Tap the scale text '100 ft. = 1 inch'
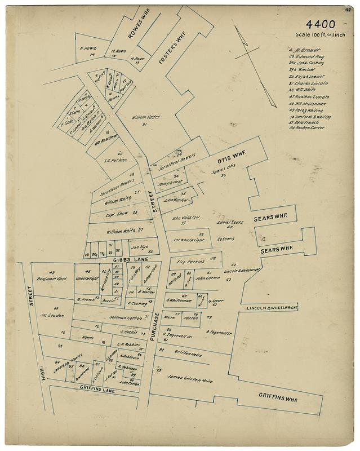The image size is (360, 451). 319,35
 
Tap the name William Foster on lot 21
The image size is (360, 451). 146,117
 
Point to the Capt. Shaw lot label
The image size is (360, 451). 118,214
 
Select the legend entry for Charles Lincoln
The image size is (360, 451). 308,83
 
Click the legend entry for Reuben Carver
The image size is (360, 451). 306,127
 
